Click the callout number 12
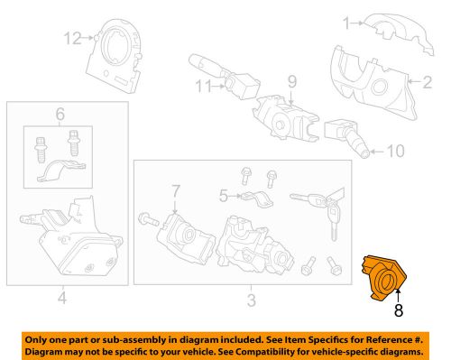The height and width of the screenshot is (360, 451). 71,37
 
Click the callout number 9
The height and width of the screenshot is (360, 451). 291,82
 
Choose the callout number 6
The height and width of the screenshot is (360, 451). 60,115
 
